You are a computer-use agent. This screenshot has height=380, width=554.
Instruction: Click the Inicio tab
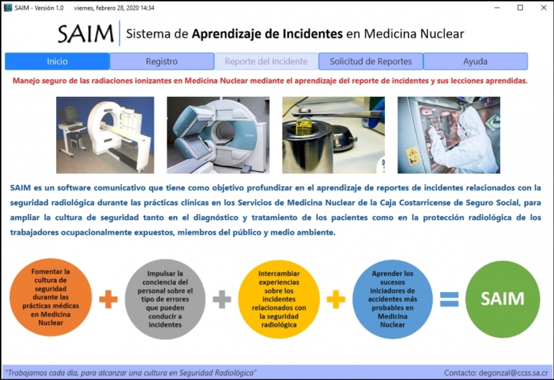pos(57,62)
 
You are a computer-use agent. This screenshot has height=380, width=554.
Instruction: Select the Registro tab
pos(162,62)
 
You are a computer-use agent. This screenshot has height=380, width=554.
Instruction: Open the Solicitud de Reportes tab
pos(370,62)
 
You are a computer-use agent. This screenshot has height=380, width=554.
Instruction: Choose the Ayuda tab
pos(475,62)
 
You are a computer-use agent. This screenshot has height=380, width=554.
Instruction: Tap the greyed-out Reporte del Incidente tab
pos(266,62)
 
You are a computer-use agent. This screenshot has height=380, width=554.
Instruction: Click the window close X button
pos(544,8)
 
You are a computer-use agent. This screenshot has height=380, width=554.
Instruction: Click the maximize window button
pos(520,8)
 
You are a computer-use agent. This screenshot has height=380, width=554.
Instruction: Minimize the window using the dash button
pos(497,8)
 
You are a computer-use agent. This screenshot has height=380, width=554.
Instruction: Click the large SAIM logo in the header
pos(85,34)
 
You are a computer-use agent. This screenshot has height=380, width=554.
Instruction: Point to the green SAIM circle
pos(503,299)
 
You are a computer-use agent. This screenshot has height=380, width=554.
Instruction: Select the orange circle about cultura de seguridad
pos(51,297)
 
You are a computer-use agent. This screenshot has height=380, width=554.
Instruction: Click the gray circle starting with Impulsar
pos(165,299)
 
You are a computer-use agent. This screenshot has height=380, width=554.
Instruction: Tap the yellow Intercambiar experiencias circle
pos(279,299)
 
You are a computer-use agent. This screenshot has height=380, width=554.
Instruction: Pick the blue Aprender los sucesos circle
pos(393,299)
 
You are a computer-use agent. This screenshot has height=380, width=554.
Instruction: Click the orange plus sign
pos(108,300)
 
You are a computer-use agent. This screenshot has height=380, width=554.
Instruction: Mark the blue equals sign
pos(449,300)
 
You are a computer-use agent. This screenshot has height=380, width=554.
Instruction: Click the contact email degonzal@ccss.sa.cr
pos(513,373)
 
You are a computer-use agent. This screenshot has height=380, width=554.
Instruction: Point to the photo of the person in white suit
pos(449,135)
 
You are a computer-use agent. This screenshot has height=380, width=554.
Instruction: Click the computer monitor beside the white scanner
pos(69,114)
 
